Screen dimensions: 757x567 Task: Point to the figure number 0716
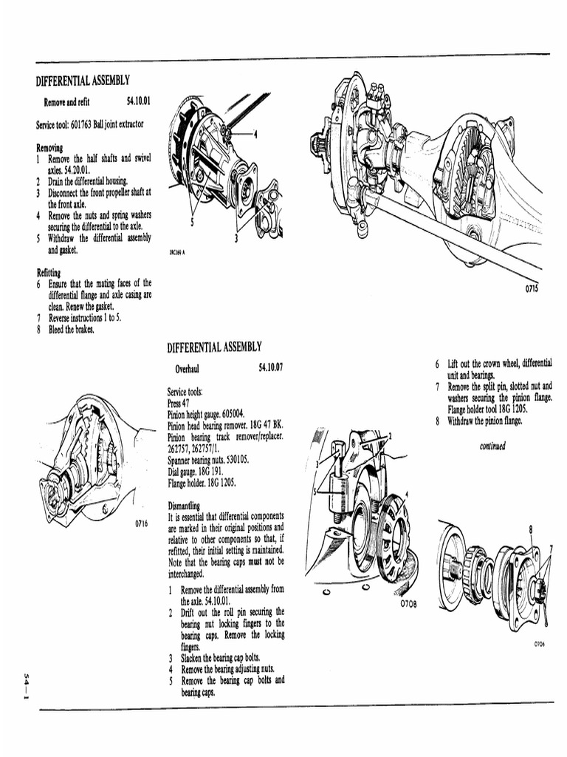[142, 523]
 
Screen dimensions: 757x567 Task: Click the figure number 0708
[408, 604]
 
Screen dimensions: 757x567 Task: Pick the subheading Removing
[49, 147]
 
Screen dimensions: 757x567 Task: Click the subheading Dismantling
[185, 506]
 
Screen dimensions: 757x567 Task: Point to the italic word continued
[492, 446]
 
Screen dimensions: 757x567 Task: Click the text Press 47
[179, 404]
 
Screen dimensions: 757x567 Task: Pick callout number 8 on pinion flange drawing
[530, 529]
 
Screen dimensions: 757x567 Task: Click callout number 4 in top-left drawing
[255, 134]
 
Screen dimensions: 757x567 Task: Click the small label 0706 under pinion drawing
[539, 644]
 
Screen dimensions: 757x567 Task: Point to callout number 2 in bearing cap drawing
[391, 437]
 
